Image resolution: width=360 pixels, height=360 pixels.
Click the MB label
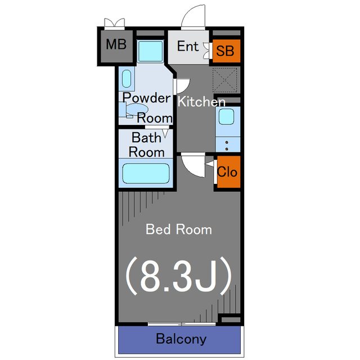116,44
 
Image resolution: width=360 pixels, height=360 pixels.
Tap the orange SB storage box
226,51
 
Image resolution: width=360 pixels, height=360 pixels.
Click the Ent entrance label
188,46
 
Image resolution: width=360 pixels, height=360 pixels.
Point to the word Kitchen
201,101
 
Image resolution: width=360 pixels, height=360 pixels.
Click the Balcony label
181,339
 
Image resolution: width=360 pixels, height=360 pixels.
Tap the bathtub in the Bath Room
146,173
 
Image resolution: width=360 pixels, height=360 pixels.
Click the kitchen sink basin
226,116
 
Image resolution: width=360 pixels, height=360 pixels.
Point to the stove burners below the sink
227,146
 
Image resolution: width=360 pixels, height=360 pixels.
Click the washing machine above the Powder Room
150,51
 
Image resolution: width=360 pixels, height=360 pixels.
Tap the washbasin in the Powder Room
127,79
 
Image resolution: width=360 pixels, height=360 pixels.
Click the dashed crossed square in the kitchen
224,80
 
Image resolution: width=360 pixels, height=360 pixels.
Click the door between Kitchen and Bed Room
193,165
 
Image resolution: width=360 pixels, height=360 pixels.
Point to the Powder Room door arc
183,86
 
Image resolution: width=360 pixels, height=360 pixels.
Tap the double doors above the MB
114,23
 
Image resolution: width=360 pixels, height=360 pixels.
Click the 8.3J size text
178,276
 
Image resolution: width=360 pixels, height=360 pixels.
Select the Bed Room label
179,229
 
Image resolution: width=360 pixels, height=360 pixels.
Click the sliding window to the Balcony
182,324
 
